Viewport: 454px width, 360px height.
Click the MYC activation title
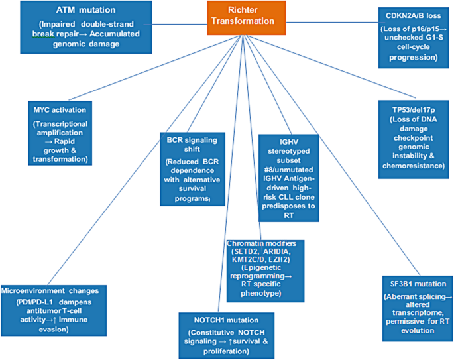(x=61, y=108)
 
